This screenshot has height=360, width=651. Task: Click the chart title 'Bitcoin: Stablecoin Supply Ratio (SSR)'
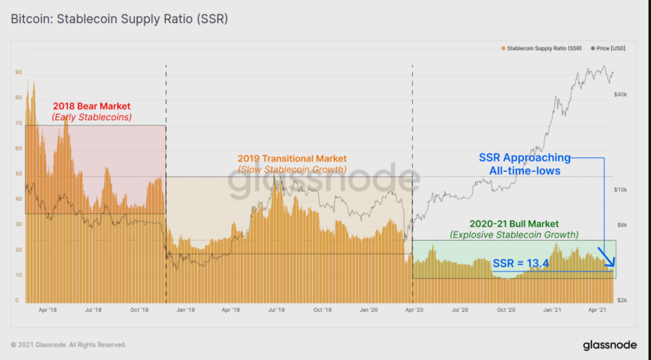pyautogui.click(x=119, y=19)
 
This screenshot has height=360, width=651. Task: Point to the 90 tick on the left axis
pyautogui.click(x=19, y=72)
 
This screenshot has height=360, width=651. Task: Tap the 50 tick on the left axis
pyautogui.click(x=19, y=174)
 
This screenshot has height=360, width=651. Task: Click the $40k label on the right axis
pyautogui.click(x=621, y=95)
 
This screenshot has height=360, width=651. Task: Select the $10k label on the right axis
pyautogui.click(x=621, y=190)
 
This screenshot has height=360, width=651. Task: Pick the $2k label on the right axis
pyautogui.click(x=620, y=300)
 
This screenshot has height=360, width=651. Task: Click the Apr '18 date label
pyautogui.click(x=48, y=310)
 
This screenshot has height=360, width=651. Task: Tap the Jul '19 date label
pyautogui.click(x=277, y=310)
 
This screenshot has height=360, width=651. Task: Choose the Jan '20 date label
pyautogui.click(x=368, y=310)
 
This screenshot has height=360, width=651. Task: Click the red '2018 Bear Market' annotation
pyautogui.click(x=92, y=107)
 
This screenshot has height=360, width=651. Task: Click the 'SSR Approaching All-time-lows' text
pyautogui.click(x=524, y=164)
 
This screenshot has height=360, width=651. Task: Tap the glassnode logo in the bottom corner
pyautogui.click(x=609, y=346)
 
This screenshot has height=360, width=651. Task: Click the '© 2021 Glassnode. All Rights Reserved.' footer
pyautogui.click(x=68, y=345)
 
